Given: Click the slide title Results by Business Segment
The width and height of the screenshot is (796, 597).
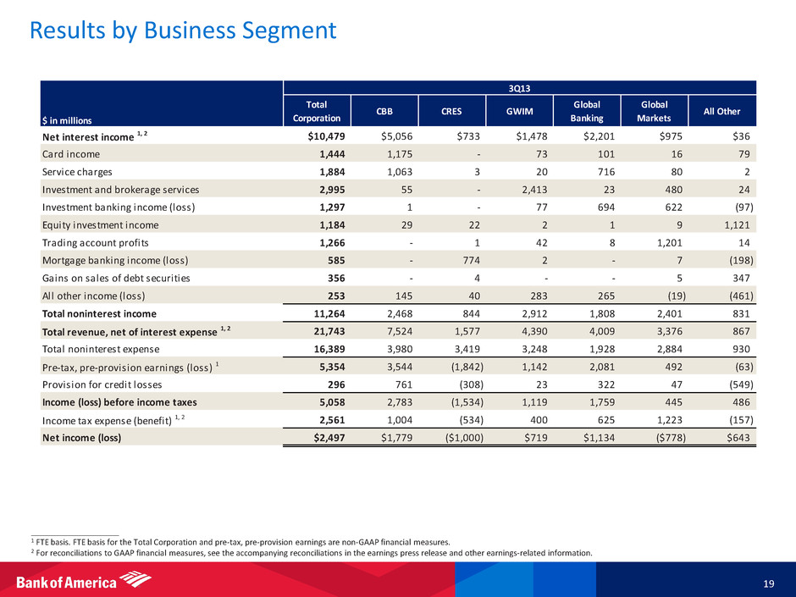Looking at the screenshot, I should pyautogui.click(x=182, y=31).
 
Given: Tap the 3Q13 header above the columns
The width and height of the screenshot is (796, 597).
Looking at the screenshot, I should pyautogui.click(x=521, y=86).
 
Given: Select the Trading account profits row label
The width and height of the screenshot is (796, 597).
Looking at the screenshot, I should pyautogui.click(x=97, y=242).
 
